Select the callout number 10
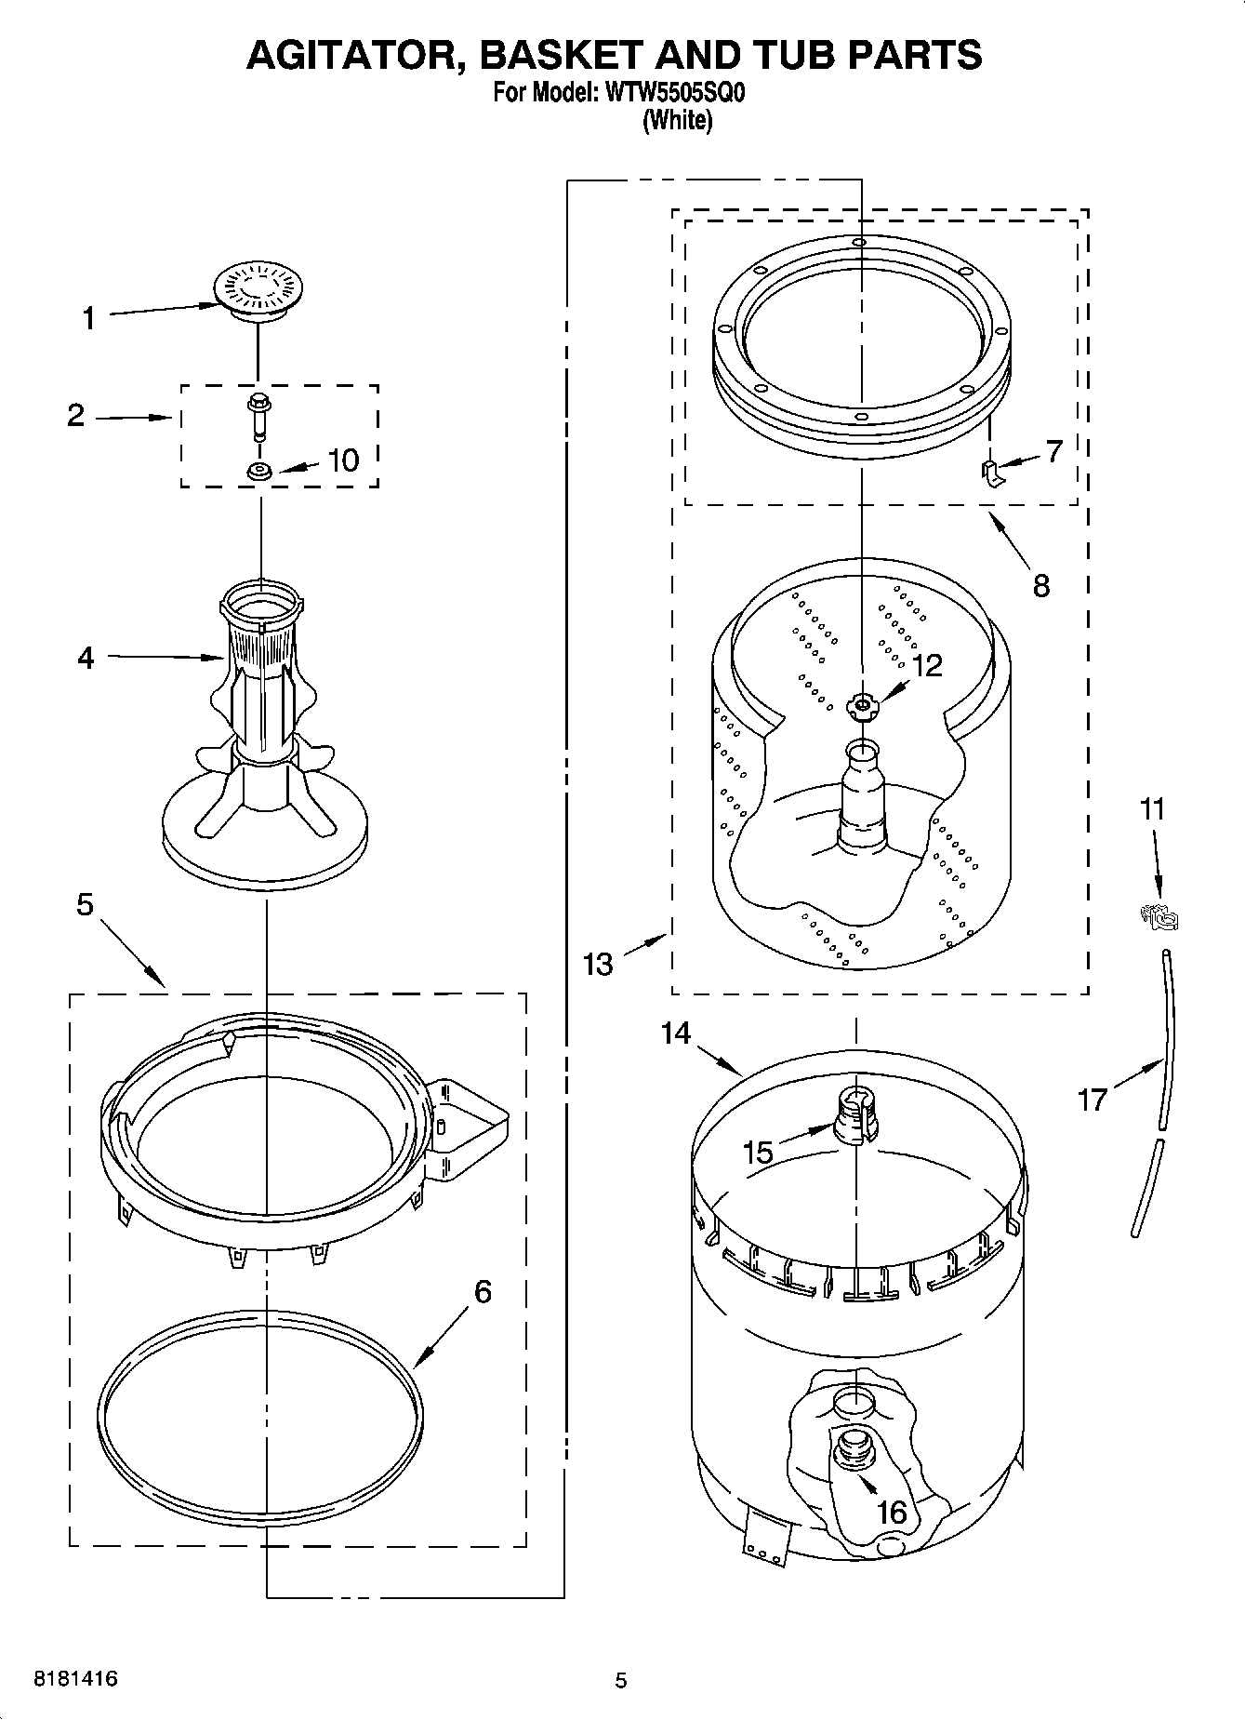pyautogui.click(x=343, y=460)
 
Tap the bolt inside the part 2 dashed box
pyautogui.click(x=257, y=415)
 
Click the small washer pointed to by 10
pyautogui.click(x=258, y=473)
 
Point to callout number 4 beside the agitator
pyautogui.click(x=86, y=658)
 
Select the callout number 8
pyautogui.click(x=1040, y=585)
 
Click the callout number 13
pyautogui.click(x=598, y=964)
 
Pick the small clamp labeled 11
pyautogui.click(x=1159, y=917)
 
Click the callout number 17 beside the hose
pyautogui.click(x=1092, y=1100)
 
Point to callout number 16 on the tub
pyautogui.click(x=891, y=1512)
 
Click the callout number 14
pyautogui.click(x=676, y=1032)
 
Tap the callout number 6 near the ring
pyautogui.click(x=482, y=1291)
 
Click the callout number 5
pyautogui.click(x=85, y=903)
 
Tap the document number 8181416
pyautogui.click(x=75, y=1679)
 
